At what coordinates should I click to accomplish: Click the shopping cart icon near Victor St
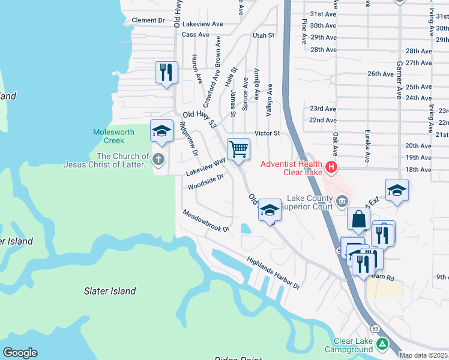point(238,148)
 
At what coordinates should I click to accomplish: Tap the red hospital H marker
point(330,166)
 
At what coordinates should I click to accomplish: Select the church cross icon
point(158,160)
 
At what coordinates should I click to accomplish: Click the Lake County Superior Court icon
point(342,200)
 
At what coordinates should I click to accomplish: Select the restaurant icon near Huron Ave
point(166,73)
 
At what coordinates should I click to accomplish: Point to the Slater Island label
point(109,291)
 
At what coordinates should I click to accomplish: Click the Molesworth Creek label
point(109,136)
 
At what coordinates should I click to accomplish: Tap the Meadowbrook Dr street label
point(206,221)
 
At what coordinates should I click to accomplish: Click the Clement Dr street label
point(148,20)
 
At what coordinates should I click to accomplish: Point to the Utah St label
point(263,35)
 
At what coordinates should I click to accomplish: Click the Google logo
point(20,353)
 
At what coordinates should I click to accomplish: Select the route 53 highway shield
point(375,329)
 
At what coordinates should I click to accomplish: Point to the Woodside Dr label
point(205,182)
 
